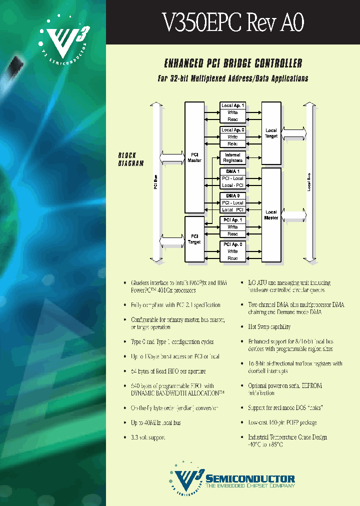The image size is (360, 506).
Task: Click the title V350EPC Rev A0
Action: point(233,22)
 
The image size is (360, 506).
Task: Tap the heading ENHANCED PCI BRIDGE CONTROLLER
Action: point(233,63)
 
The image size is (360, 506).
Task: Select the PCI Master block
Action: point(194,157)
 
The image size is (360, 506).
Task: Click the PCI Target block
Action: point(194,239)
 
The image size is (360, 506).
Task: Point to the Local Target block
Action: point(271,133)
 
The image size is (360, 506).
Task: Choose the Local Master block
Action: point(271,215)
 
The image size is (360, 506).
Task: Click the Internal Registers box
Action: point(232,158)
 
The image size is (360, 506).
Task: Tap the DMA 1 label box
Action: point(232,171)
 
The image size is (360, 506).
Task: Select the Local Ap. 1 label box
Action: point(232,105)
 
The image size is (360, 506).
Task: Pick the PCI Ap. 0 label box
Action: point(232,244)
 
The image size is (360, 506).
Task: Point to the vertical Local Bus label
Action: point(308,182)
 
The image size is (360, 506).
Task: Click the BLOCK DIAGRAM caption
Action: point(130,159)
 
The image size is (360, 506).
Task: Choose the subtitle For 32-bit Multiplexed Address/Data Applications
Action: point(233,78)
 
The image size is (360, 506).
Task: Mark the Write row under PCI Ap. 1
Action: point(232,227)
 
